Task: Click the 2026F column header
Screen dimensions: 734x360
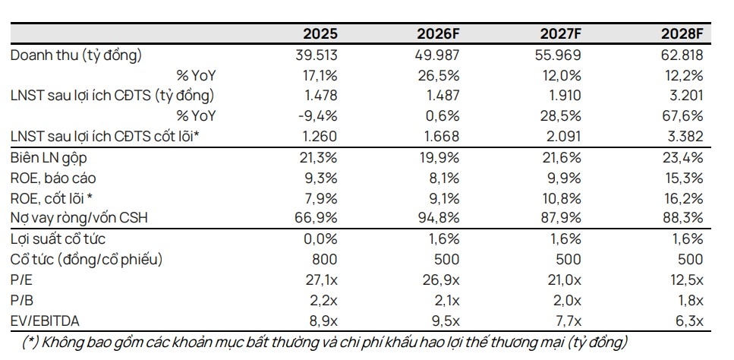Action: point(438,34)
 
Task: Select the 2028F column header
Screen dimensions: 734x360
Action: point(682,34)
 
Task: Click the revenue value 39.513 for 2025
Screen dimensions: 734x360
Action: point(316,55)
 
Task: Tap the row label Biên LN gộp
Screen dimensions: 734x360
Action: point(49,158)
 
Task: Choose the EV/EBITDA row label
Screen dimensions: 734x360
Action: point(45,321)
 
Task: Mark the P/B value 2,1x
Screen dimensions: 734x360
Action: point(444,300)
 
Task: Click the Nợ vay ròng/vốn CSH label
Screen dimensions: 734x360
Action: point(79,218)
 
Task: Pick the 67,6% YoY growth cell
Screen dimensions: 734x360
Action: point(682,116)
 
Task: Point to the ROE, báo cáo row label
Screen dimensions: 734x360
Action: point(54,178)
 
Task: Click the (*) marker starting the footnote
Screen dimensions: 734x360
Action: point(30,343)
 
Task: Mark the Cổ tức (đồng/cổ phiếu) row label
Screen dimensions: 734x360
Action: point(87,259)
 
